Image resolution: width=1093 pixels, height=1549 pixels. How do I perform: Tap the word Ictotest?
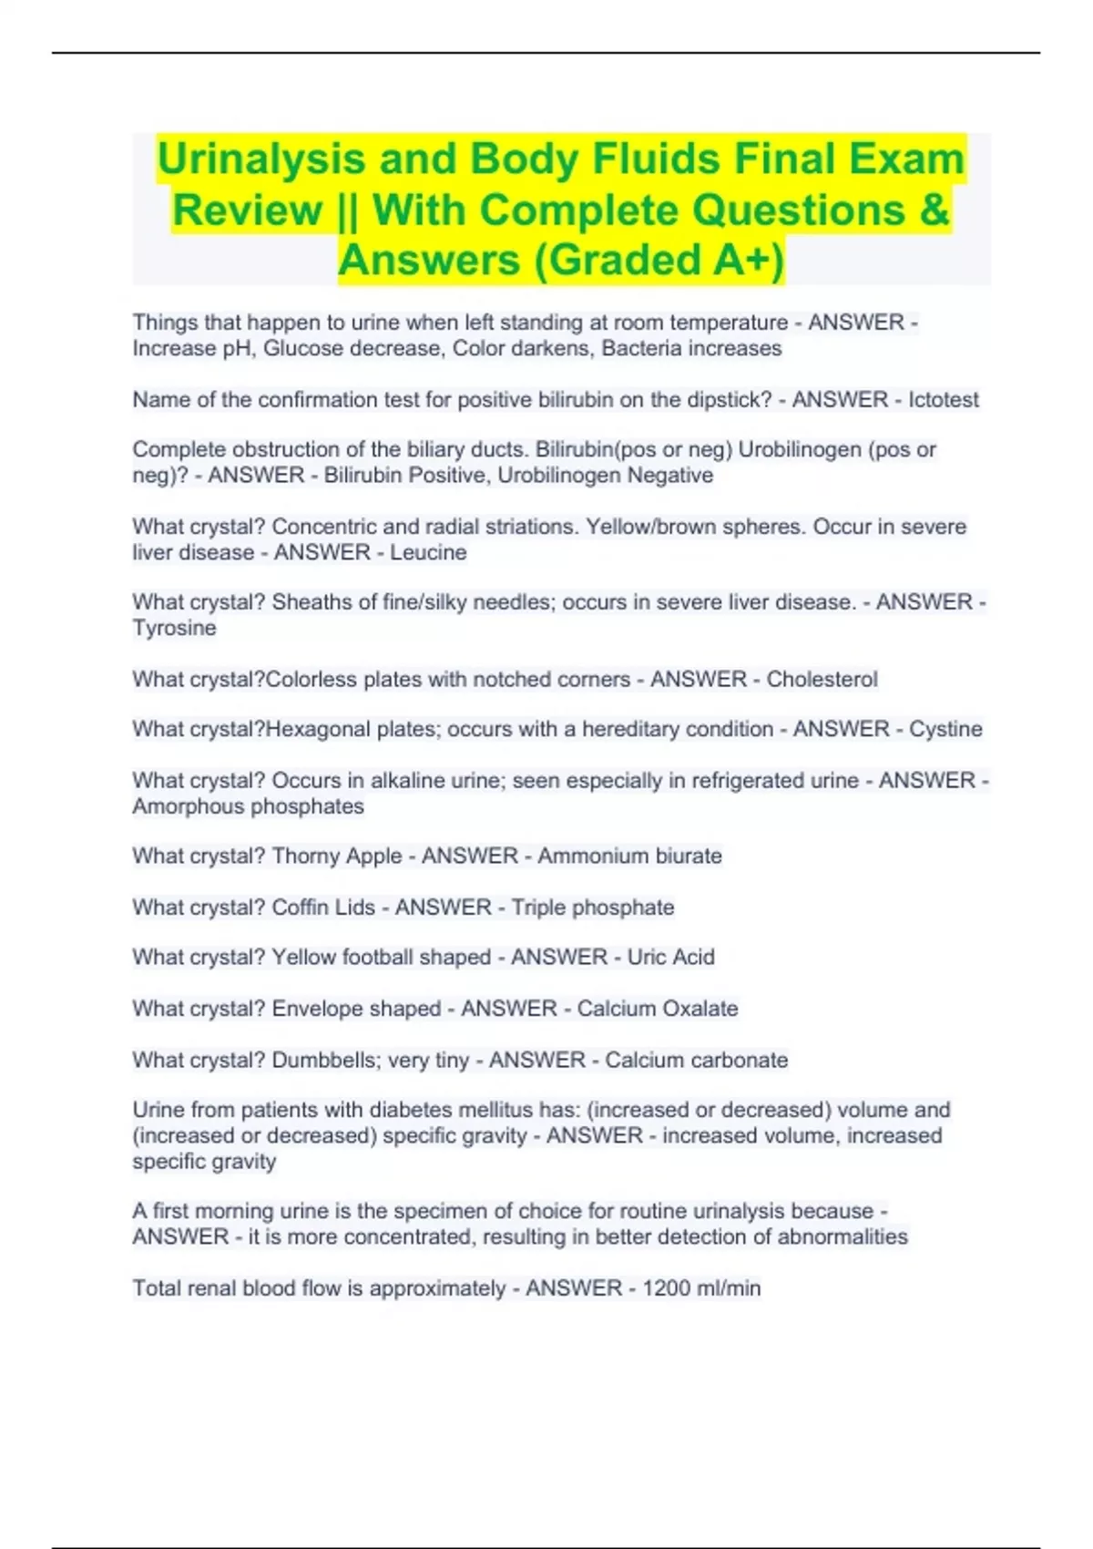click(943, 400)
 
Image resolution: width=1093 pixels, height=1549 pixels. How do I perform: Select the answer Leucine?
click(428, 553)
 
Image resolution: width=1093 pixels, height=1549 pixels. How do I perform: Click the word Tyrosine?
click(174, 629)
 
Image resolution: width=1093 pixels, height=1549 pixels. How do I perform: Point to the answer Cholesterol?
click(822, 680)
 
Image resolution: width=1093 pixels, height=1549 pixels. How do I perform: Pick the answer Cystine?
click(945, 729)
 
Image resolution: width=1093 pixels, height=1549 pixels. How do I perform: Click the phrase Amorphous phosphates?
click(248, 806)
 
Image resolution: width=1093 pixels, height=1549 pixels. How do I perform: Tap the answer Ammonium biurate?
click(629, 857)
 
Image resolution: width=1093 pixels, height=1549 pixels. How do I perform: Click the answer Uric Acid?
click(670, 958)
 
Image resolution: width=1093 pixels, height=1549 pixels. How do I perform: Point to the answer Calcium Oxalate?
click(657, 1009)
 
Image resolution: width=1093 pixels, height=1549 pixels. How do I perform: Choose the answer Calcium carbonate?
click(696, 1061)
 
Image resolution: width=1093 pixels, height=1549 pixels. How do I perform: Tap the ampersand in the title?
click(935, 210)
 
